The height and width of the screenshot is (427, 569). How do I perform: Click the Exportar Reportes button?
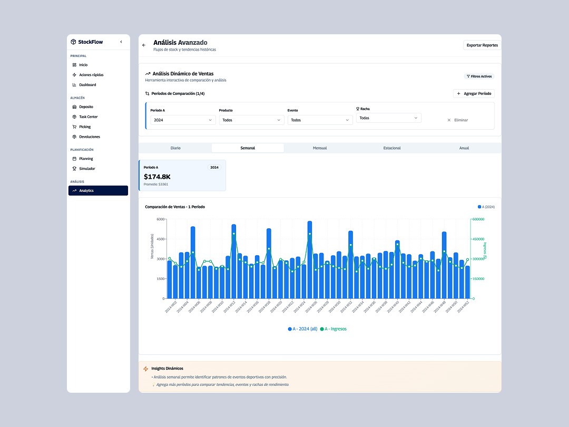coord(482,45)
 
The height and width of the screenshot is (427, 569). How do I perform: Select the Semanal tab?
coord(248,148)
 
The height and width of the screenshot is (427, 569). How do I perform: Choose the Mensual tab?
coord(320,148)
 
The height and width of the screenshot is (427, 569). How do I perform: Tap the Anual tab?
coord(464,148)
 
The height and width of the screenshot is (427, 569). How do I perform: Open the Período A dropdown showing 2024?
coord(182,120)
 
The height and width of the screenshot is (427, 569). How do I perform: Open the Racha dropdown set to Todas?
coord(388,118)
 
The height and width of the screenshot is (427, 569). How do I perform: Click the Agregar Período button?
coord(474,93)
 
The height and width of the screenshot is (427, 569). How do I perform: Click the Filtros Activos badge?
coord(479,76)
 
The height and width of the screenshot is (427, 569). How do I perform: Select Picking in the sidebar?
coord(85,127)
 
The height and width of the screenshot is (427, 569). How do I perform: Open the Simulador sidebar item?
coord(87,169)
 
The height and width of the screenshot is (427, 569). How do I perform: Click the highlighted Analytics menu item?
coord(98,190)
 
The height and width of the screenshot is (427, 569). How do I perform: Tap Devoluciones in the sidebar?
coord(90,137)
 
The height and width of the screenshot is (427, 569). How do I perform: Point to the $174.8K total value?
coord(157,177)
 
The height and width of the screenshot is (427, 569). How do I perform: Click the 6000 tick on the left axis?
coord(160,219)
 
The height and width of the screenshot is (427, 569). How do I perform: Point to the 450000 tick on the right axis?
coord(478,239)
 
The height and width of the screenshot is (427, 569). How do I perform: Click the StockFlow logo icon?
coord(73,42)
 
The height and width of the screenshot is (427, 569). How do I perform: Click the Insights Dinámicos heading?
coord(167,368)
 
